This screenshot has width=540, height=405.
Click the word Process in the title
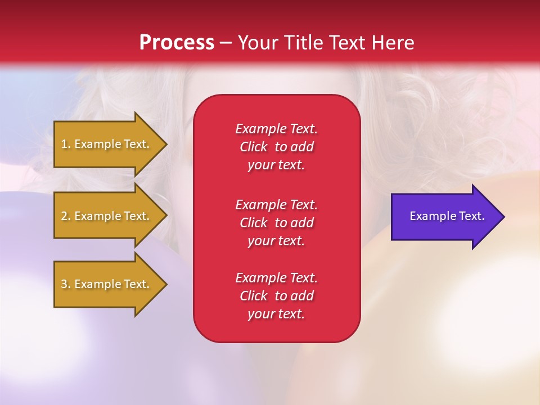[x=177, y=43]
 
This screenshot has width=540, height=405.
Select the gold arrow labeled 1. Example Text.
[x=111, y=145]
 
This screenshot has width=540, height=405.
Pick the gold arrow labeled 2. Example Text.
[x=111, y=215]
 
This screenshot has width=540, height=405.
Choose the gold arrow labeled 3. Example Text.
[x=111, y=284]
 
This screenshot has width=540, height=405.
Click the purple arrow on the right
[x=448, y=217]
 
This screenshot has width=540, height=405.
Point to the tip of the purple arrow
[x=505, y=217]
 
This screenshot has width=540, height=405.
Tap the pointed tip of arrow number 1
[x=168, y=145]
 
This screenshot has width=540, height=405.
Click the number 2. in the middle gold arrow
[x=66, y=216]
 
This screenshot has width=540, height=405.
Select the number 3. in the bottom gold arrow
[x=66, y=284]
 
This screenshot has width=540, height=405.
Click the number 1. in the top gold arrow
[x=66, y=144]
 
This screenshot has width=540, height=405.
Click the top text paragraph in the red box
[x=277, y=147]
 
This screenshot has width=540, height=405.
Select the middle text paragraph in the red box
[x=277, y=223]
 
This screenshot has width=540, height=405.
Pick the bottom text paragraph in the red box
[x=277, y=295]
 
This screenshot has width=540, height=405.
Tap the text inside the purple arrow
[x=447, y=216]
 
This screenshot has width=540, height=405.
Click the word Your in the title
[x=258, y=42]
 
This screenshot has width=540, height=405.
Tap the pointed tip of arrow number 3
[x=168, y=284]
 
